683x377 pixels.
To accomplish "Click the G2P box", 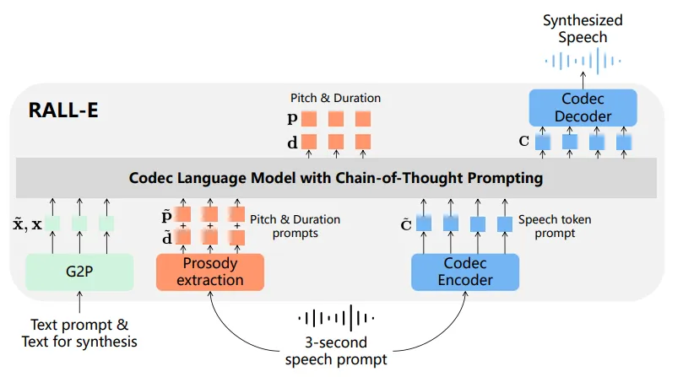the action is [x=79, y=272].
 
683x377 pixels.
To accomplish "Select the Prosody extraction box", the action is [x=210, y=272].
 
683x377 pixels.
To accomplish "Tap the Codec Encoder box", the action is [x=465, y=272].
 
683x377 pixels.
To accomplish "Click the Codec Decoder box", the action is [x=583, y=108].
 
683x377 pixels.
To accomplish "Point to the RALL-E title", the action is [x=63, y=110].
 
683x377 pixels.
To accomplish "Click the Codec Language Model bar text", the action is [x=336, y=178].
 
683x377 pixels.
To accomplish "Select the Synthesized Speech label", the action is [x=583, y=29].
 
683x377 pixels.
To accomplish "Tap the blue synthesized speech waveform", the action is [x=583, y=61].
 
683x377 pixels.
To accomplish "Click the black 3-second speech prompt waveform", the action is [x=336, y=318].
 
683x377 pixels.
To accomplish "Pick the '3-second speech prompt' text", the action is [x=336, y=351].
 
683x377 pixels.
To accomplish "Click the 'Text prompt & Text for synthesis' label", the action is [x=79, y=333].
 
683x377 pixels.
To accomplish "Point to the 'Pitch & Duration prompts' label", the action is [x=295, y=226].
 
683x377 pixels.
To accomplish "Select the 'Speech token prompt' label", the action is [x=555, y=226].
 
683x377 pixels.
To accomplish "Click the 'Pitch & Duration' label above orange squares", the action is [x=335, y=98].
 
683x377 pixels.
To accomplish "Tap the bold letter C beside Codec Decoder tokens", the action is [x=524, y=141].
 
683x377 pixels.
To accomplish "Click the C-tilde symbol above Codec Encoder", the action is [x=406, y=224].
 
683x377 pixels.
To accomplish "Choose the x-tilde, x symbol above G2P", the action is [x=28, y=224].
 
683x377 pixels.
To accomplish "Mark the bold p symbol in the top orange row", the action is [x=292, y=118].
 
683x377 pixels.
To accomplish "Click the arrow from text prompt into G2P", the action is [x=79, y=302].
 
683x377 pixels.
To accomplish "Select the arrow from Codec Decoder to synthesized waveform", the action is [x=583, y=80].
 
